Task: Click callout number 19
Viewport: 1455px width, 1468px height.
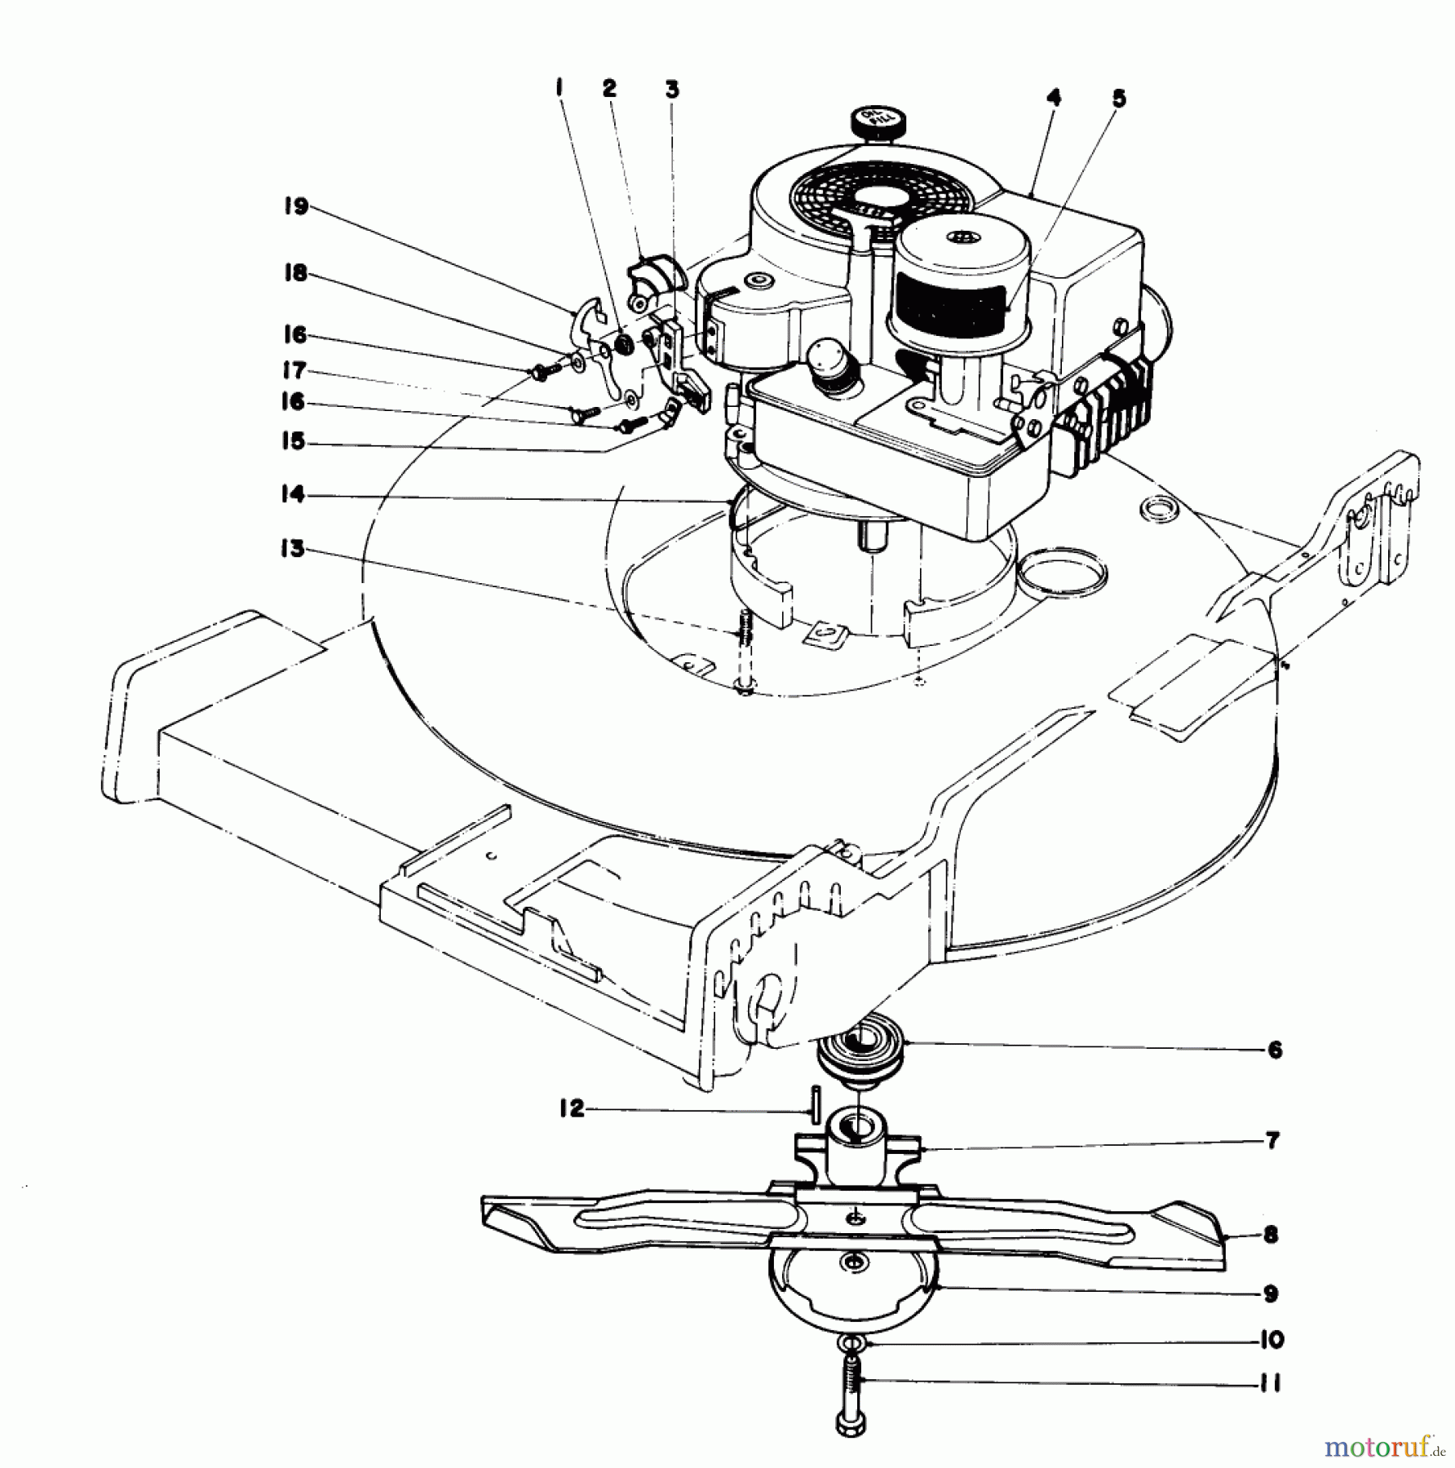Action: [x=295, y=207]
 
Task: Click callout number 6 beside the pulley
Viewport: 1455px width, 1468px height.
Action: [x=1276, y=1050]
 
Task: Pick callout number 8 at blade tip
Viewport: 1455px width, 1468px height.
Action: [x=1270, y=1235]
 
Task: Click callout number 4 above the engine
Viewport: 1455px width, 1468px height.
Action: [x=1054, y=99]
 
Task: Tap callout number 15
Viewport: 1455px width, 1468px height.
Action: [x=293, y=441]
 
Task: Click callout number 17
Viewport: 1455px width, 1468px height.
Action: [x=294, y=371]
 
